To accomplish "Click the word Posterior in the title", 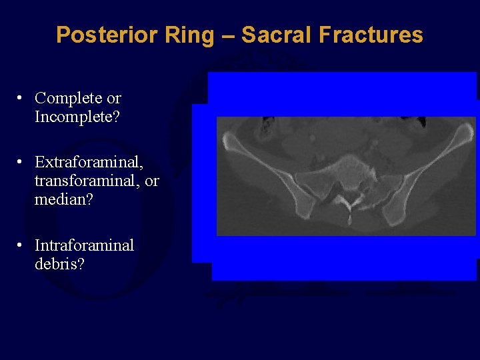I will tap(98, 35).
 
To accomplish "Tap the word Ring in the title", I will tap(181, 35).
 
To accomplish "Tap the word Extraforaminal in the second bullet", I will tap(89, 162).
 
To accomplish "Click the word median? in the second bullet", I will tap(63, 199).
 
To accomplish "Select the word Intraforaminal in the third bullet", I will tap(84, 245).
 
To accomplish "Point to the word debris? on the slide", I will tap(59, 264).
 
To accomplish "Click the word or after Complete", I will tap(114, 98).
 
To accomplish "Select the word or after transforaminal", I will tap(152, 181).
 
